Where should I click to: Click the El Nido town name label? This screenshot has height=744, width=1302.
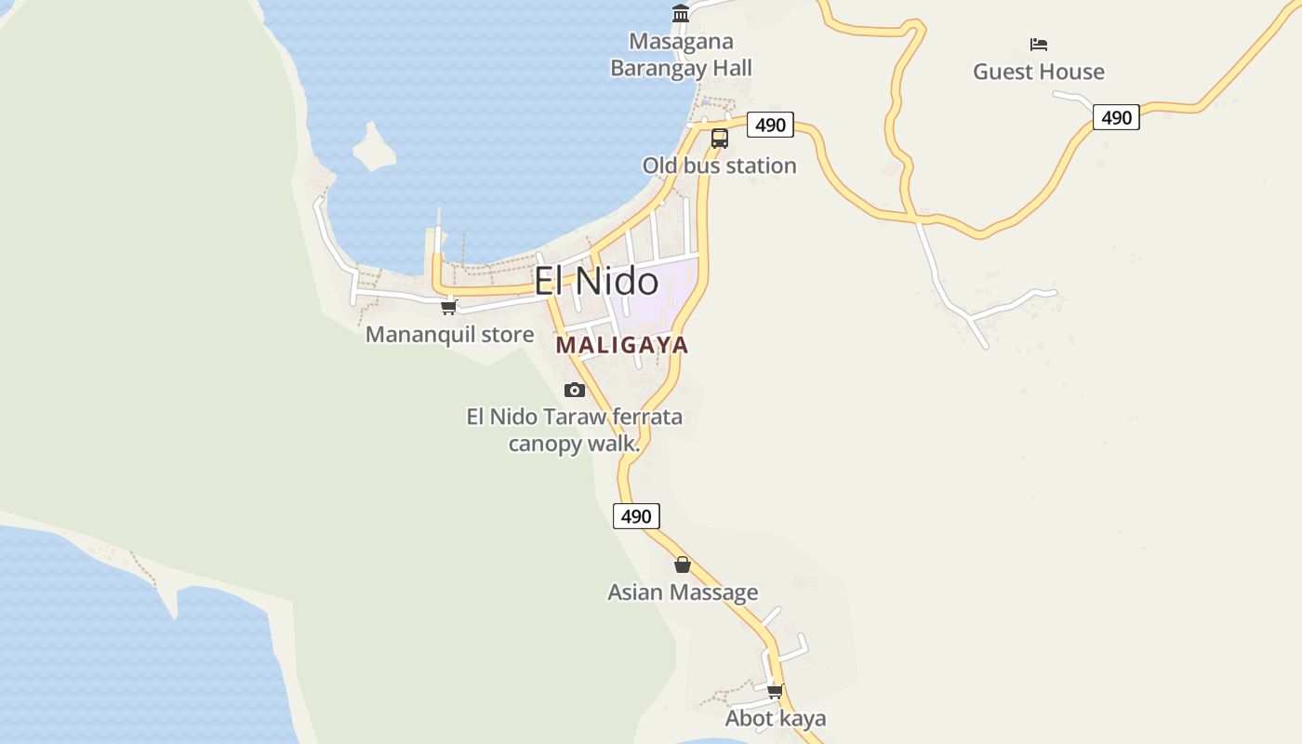click(x=596, y=281)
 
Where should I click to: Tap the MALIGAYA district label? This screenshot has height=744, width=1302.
click(x=622, y=345)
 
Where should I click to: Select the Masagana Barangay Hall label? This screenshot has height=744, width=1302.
click(x=681, y=55)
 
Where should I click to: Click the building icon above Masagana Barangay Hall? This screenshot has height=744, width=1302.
click(x=681, y=14)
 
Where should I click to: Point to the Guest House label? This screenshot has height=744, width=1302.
click(x=1039, y=72)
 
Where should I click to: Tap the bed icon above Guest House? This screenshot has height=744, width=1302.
click(x=1039, y=44)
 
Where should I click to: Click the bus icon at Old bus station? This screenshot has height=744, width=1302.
click(x=720, y=139)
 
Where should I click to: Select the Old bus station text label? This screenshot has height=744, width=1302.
click(x=719, y=166)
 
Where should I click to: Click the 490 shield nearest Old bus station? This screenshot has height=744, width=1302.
click(x=770, y=125)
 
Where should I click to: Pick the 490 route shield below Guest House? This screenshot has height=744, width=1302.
click(x=1116, y=117)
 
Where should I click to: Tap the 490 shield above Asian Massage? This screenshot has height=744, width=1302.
click(x=636, y=516)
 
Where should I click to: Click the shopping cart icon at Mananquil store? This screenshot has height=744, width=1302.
click(x=449, y=307)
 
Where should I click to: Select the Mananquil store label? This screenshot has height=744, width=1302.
click(x=449, y=335)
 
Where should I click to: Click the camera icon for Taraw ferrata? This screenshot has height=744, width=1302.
click(x=575, y=390)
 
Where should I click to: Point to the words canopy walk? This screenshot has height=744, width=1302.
click(x=574, y=444)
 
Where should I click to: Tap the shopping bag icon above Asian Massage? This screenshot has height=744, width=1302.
click(x=683, y=565)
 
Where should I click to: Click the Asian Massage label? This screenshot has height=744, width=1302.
click(x=683, y=592)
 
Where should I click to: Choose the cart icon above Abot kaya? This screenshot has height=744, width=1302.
click(x=775, y=691)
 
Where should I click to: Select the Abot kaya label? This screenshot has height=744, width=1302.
click(x=776, y=719)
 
